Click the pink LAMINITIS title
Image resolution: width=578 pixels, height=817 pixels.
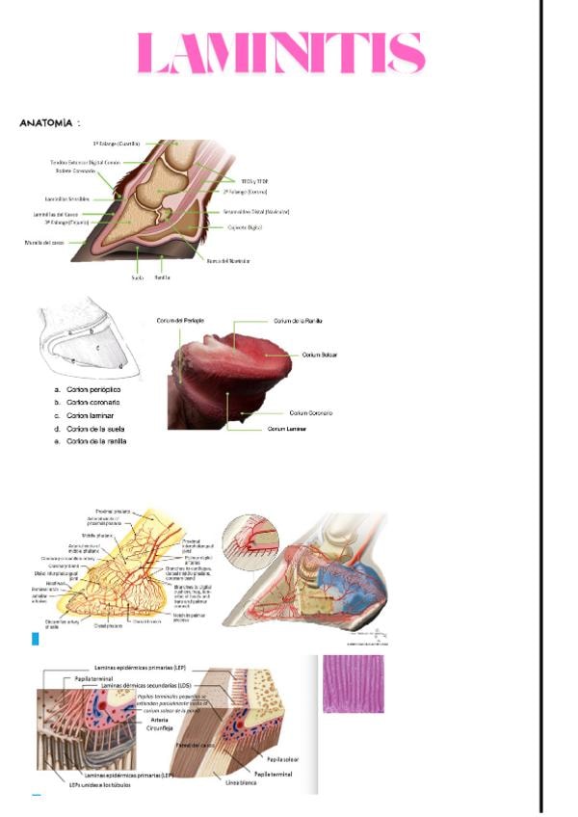[280, 54]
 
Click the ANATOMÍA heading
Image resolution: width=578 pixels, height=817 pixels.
[49, 123]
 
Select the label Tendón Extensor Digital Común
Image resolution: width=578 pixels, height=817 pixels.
[84, 162]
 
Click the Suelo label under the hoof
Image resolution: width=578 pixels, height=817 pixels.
[137, 277]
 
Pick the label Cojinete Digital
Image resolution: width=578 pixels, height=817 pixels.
[242, 227]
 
